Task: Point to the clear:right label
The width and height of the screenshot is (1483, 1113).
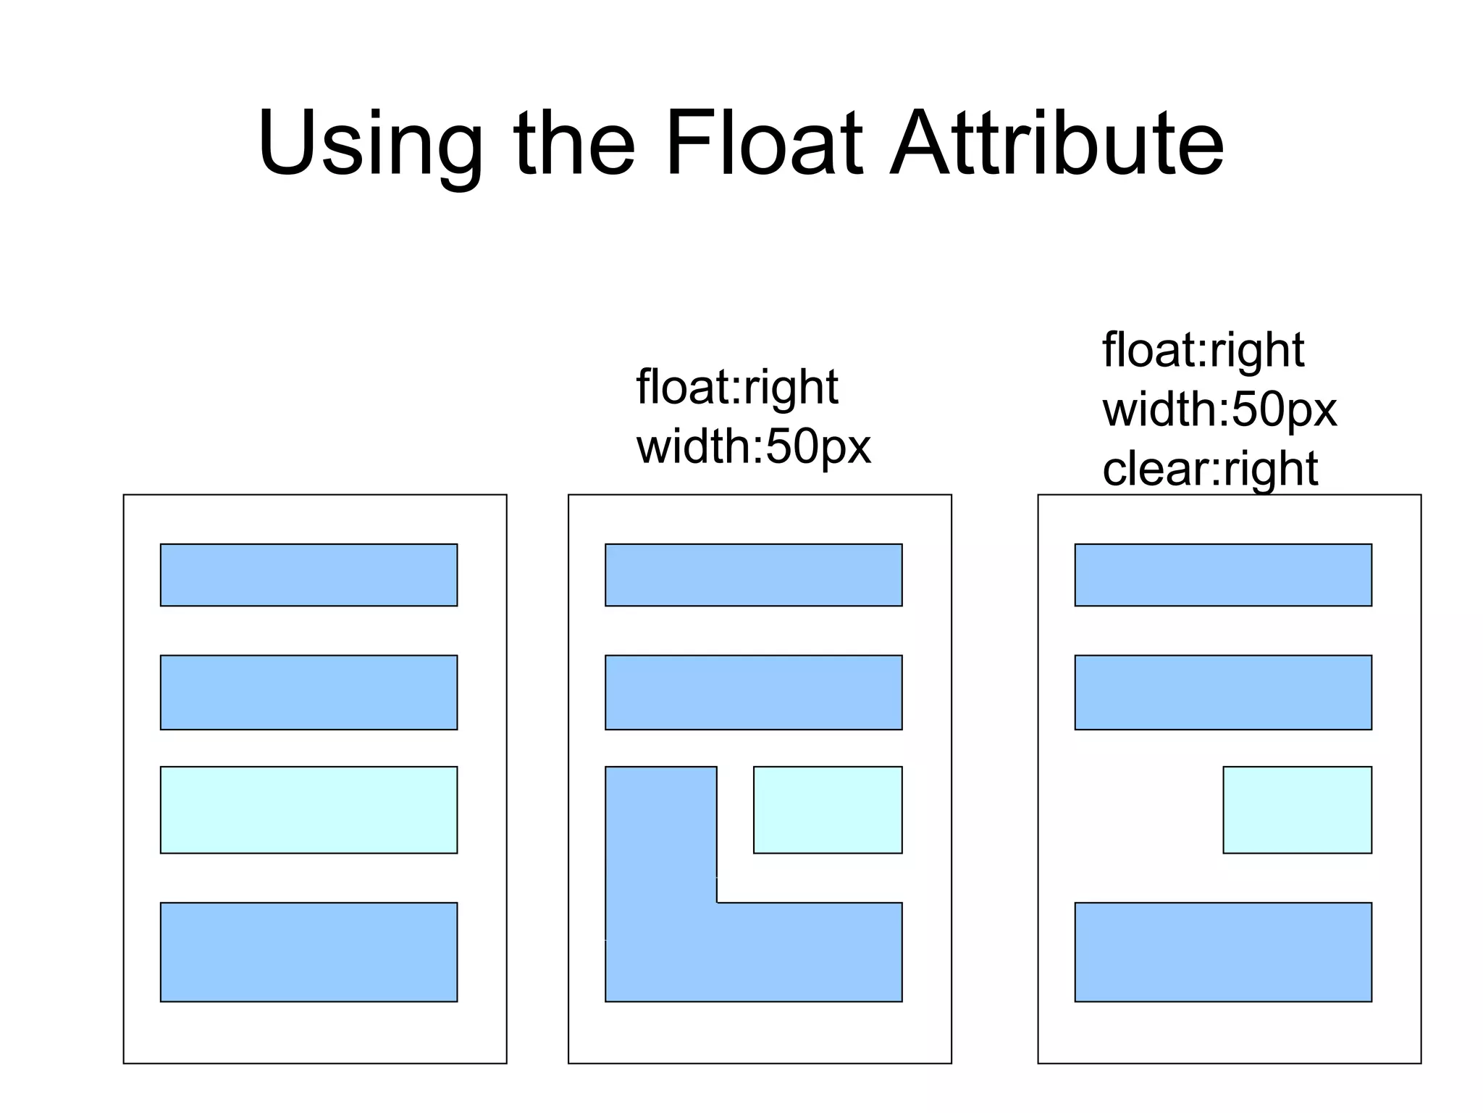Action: [x=1210, y=469]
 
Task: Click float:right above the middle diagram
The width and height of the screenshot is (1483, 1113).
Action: [x=736, y=387]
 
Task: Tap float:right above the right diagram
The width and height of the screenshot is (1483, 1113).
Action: [x=1203, y=350]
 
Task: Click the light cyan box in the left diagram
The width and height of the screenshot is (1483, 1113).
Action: [x=308, y=809]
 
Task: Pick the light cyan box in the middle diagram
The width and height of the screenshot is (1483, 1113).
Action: [x=828, y=809]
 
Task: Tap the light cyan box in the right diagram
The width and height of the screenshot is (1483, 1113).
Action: [x=1297, y=809]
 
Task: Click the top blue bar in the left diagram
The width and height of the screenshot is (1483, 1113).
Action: [x=308, y=575]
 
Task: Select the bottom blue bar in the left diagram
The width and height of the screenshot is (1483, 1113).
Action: [x=308, y=951]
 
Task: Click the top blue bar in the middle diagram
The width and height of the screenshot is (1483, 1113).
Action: [x=753, y=575]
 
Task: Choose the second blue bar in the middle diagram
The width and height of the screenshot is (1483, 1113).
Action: [x=753, y=692]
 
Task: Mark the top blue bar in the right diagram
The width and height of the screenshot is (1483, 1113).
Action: [x=1223, y=575]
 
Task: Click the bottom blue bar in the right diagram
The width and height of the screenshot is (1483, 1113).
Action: [x=1223, y=951]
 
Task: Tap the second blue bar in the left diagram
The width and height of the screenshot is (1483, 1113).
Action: [x=308, y=692]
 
